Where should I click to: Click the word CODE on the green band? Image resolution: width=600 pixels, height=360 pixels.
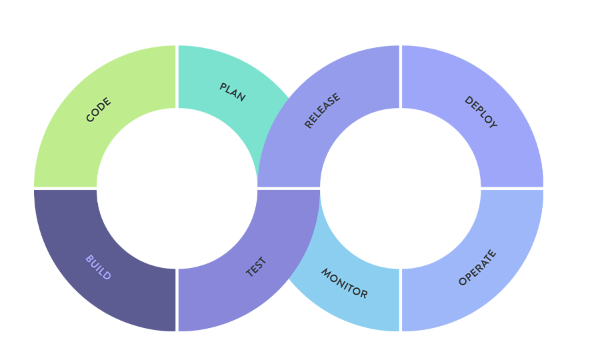click(99, 110)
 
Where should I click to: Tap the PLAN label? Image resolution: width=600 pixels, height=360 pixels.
click(233, 92)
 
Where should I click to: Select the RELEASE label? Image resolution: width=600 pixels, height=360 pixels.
click(322, 111)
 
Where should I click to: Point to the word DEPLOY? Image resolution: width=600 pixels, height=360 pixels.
click(481, 112)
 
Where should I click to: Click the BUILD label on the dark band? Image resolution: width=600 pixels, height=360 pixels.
click(98, 267)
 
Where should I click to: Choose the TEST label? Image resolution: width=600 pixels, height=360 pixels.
click(256, 267)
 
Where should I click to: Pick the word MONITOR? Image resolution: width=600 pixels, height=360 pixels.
click(344, 283)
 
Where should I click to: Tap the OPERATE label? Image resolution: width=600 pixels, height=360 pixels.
click(477, 268)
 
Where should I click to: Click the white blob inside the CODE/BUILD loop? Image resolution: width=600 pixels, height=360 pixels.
click(177, 188)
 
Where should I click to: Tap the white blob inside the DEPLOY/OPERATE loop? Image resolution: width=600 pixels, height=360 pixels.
click(400, 188)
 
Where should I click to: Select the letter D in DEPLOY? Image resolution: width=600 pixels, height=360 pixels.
click(467, 100)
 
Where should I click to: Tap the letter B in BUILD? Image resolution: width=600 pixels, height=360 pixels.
click(89, 259)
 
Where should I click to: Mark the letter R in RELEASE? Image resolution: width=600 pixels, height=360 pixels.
click(308, 125)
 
